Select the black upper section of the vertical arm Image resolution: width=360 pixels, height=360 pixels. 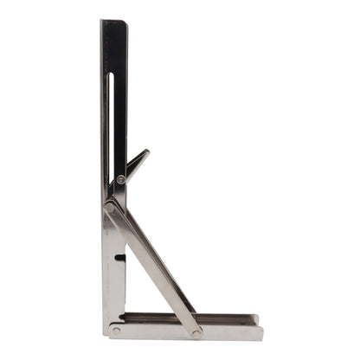pos(113,87)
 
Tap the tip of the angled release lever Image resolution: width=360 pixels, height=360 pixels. pos(146,153)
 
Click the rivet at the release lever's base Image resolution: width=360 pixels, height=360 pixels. pos(121,179)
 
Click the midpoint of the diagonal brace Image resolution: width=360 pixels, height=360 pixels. pos(154,268)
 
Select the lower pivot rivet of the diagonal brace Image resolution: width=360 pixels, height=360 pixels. pos(197,332)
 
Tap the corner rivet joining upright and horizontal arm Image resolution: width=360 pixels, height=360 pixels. pos(116,330)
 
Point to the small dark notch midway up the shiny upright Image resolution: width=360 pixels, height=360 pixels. pos(119,257)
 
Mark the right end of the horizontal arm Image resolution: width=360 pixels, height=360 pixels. pos(260,330)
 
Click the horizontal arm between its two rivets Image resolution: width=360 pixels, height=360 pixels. pos(156,331)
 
